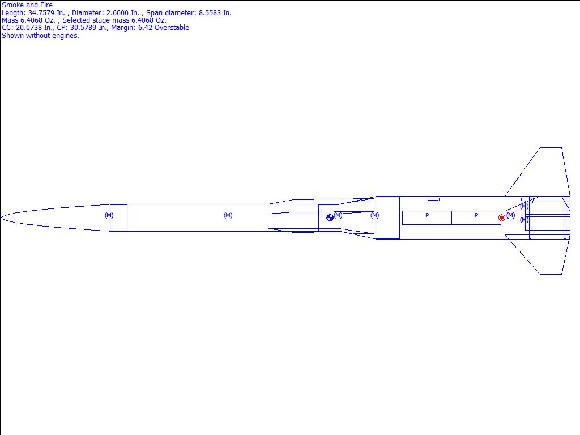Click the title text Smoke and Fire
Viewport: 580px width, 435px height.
(27, 5)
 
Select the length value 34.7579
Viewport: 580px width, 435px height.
(41, 13)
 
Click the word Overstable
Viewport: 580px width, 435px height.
(172, 28)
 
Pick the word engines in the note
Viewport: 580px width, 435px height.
(66, 36)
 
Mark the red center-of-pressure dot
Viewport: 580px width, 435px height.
(502, 218)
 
